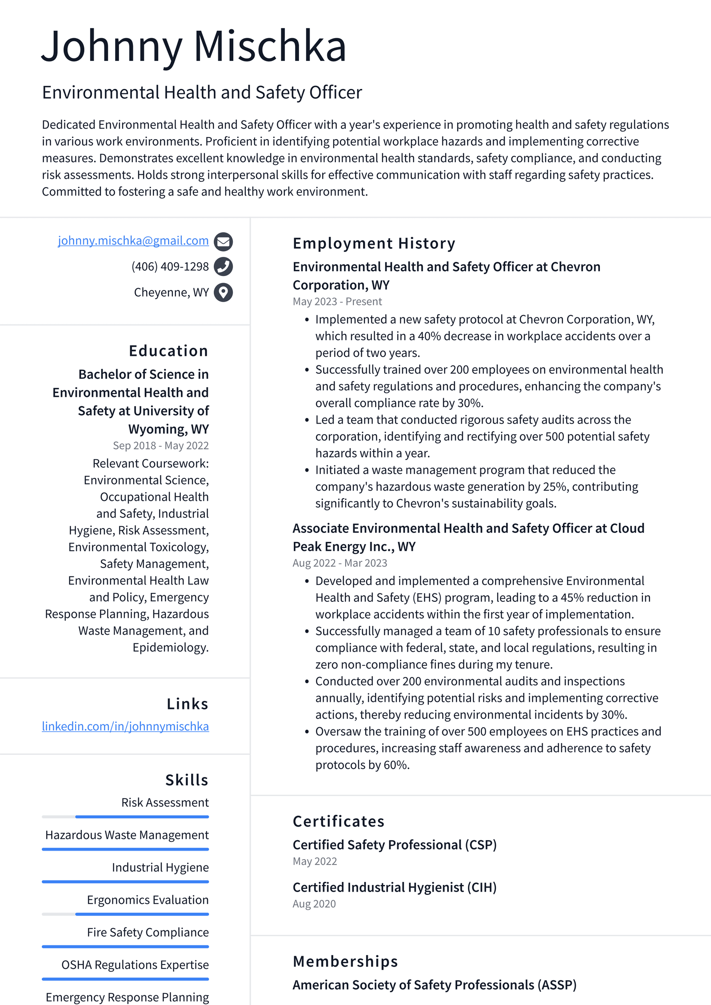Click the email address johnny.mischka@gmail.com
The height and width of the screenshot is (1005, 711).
(x=133, y=240)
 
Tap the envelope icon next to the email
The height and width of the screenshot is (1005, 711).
(x=223, y=241)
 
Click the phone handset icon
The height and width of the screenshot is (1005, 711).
(x=223, y=267)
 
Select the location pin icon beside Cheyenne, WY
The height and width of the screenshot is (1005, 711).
(x=223, y=292)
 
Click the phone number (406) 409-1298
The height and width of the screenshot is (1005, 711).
(x=170, y=267)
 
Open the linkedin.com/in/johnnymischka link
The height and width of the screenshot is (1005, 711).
(x=125, y=726)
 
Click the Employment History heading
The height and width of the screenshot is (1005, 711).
(x=374, y=244)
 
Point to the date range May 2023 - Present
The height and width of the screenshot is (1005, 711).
(x=337, y=302)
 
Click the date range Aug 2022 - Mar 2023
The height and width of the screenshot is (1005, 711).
(x=340, y=563)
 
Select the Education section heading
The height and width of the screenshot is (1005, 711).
(x=168, y=351)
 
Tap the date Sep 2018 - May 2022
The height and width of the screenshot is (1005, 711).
(x=160, y=446)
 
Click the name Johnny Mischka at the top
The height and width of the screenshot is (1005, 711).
(x=194, y=46)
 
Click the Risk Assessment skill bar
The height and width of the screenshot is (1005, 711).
(x=125, y=817)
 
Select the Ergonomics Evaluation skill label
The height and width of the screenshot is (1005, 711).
(x=148, y=900)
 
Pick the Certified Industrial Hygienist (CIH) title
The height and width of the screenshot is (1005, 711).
(x=394, y=888)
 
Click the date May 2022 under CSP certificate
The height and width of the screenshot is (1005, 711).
(x=315, y=861)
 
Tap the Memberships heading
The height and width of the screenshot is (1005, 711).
(x=345, y=961)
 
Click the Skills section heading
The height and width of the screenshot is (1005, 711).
(x=187, y=780)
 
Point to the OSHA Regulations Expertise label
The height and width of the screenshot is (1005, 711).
(x=135, y=965)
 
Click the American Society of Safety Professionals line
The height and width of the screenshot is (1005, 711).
(x=434, y=985)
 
